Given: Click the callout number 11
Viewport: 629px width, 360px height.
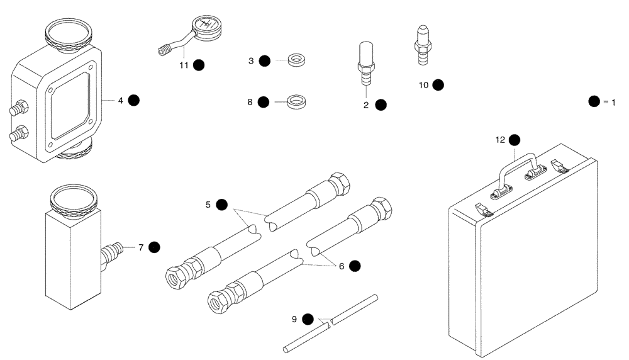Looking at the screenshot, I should click(184, 64).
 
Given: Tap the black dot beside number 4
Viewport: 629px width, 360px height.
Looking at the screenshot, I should click(133, 99).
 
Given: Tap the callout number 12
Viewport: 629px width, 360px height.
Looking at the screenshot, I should click(500, 140).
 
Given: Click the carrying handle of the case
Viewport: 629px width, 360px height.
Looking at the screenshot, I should click(516, 166).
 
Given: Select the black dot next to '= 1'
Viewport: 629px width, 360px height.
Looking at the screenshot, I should click(593, 101).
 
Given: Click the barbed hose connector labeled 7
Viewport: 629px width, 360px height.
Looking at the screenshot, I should click(111, 254).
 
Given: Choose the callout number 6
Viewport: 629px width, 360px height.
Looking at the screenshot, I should click(342, 266).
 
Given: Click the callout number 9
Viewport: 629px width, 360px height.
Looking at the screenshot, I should click(294, 318).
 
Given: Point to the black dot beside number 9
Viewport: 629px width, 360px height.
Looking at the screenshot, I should click(308, 318).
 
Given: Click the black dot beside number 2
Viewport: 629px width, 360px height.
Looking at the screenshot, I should click(381, 105).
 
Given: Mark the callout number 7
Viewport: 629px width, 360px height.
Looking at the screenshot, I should click(142, 247).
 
